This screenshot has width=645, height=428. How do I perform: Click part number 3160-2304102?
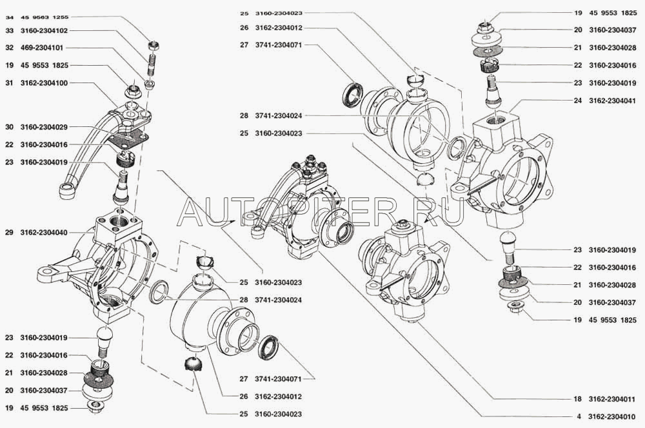coord(45,30)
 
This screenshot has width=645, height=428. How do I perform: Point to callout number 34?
coord(8,14)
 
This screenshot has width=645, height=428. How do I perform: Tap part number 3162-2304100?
coord(45,83)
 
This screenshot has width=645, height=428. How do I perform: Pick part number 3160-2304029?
coord(45,128)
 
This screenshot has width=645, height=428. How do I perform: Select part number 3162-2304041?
coord(613,101)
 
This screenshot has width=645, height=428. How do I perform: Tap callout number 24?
coord(577,101)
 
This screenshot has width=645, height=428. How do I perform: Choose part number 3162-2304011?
coord(613,399)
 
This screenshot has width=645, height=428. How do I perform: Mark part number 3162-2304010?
coord(613,416)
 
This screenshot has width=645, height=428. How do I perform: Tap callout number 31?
coord(8,83)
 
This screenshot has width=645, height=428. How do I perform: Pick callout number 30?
coord(8,128)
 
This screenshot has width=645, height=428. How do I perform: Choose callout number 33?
coord(8,30)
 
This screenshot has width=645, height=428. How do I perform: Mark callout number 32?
coord(8,48)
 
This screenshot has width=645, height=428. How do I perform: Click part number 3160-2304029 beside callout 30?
coord(45,128)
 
